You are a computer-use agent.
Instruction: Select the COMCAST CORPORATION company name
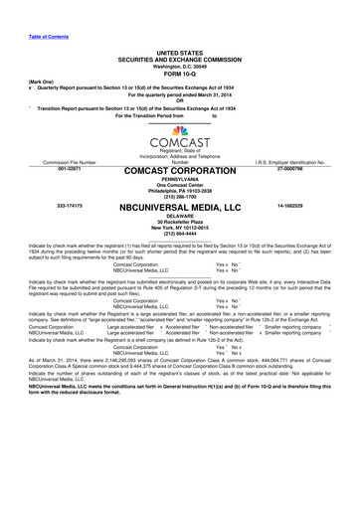pyautogui.click(x=179, y=172)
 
